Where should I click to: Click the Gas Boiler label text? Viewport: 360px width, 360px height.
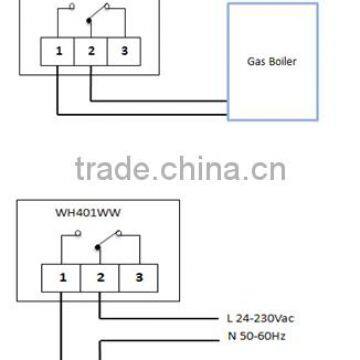(x=273, y=59)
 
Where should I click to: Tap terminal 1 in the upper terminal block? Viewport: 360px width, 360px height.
(x=60, y=48)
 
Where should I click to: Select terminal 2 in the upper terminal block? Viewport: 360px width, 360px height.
(x=92, y=48)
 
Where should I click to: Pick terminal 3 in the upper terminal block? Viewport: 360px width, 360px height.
(x=124, y=48)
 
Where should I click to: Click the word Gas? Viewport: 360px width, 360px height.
(x=256, y=59)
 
